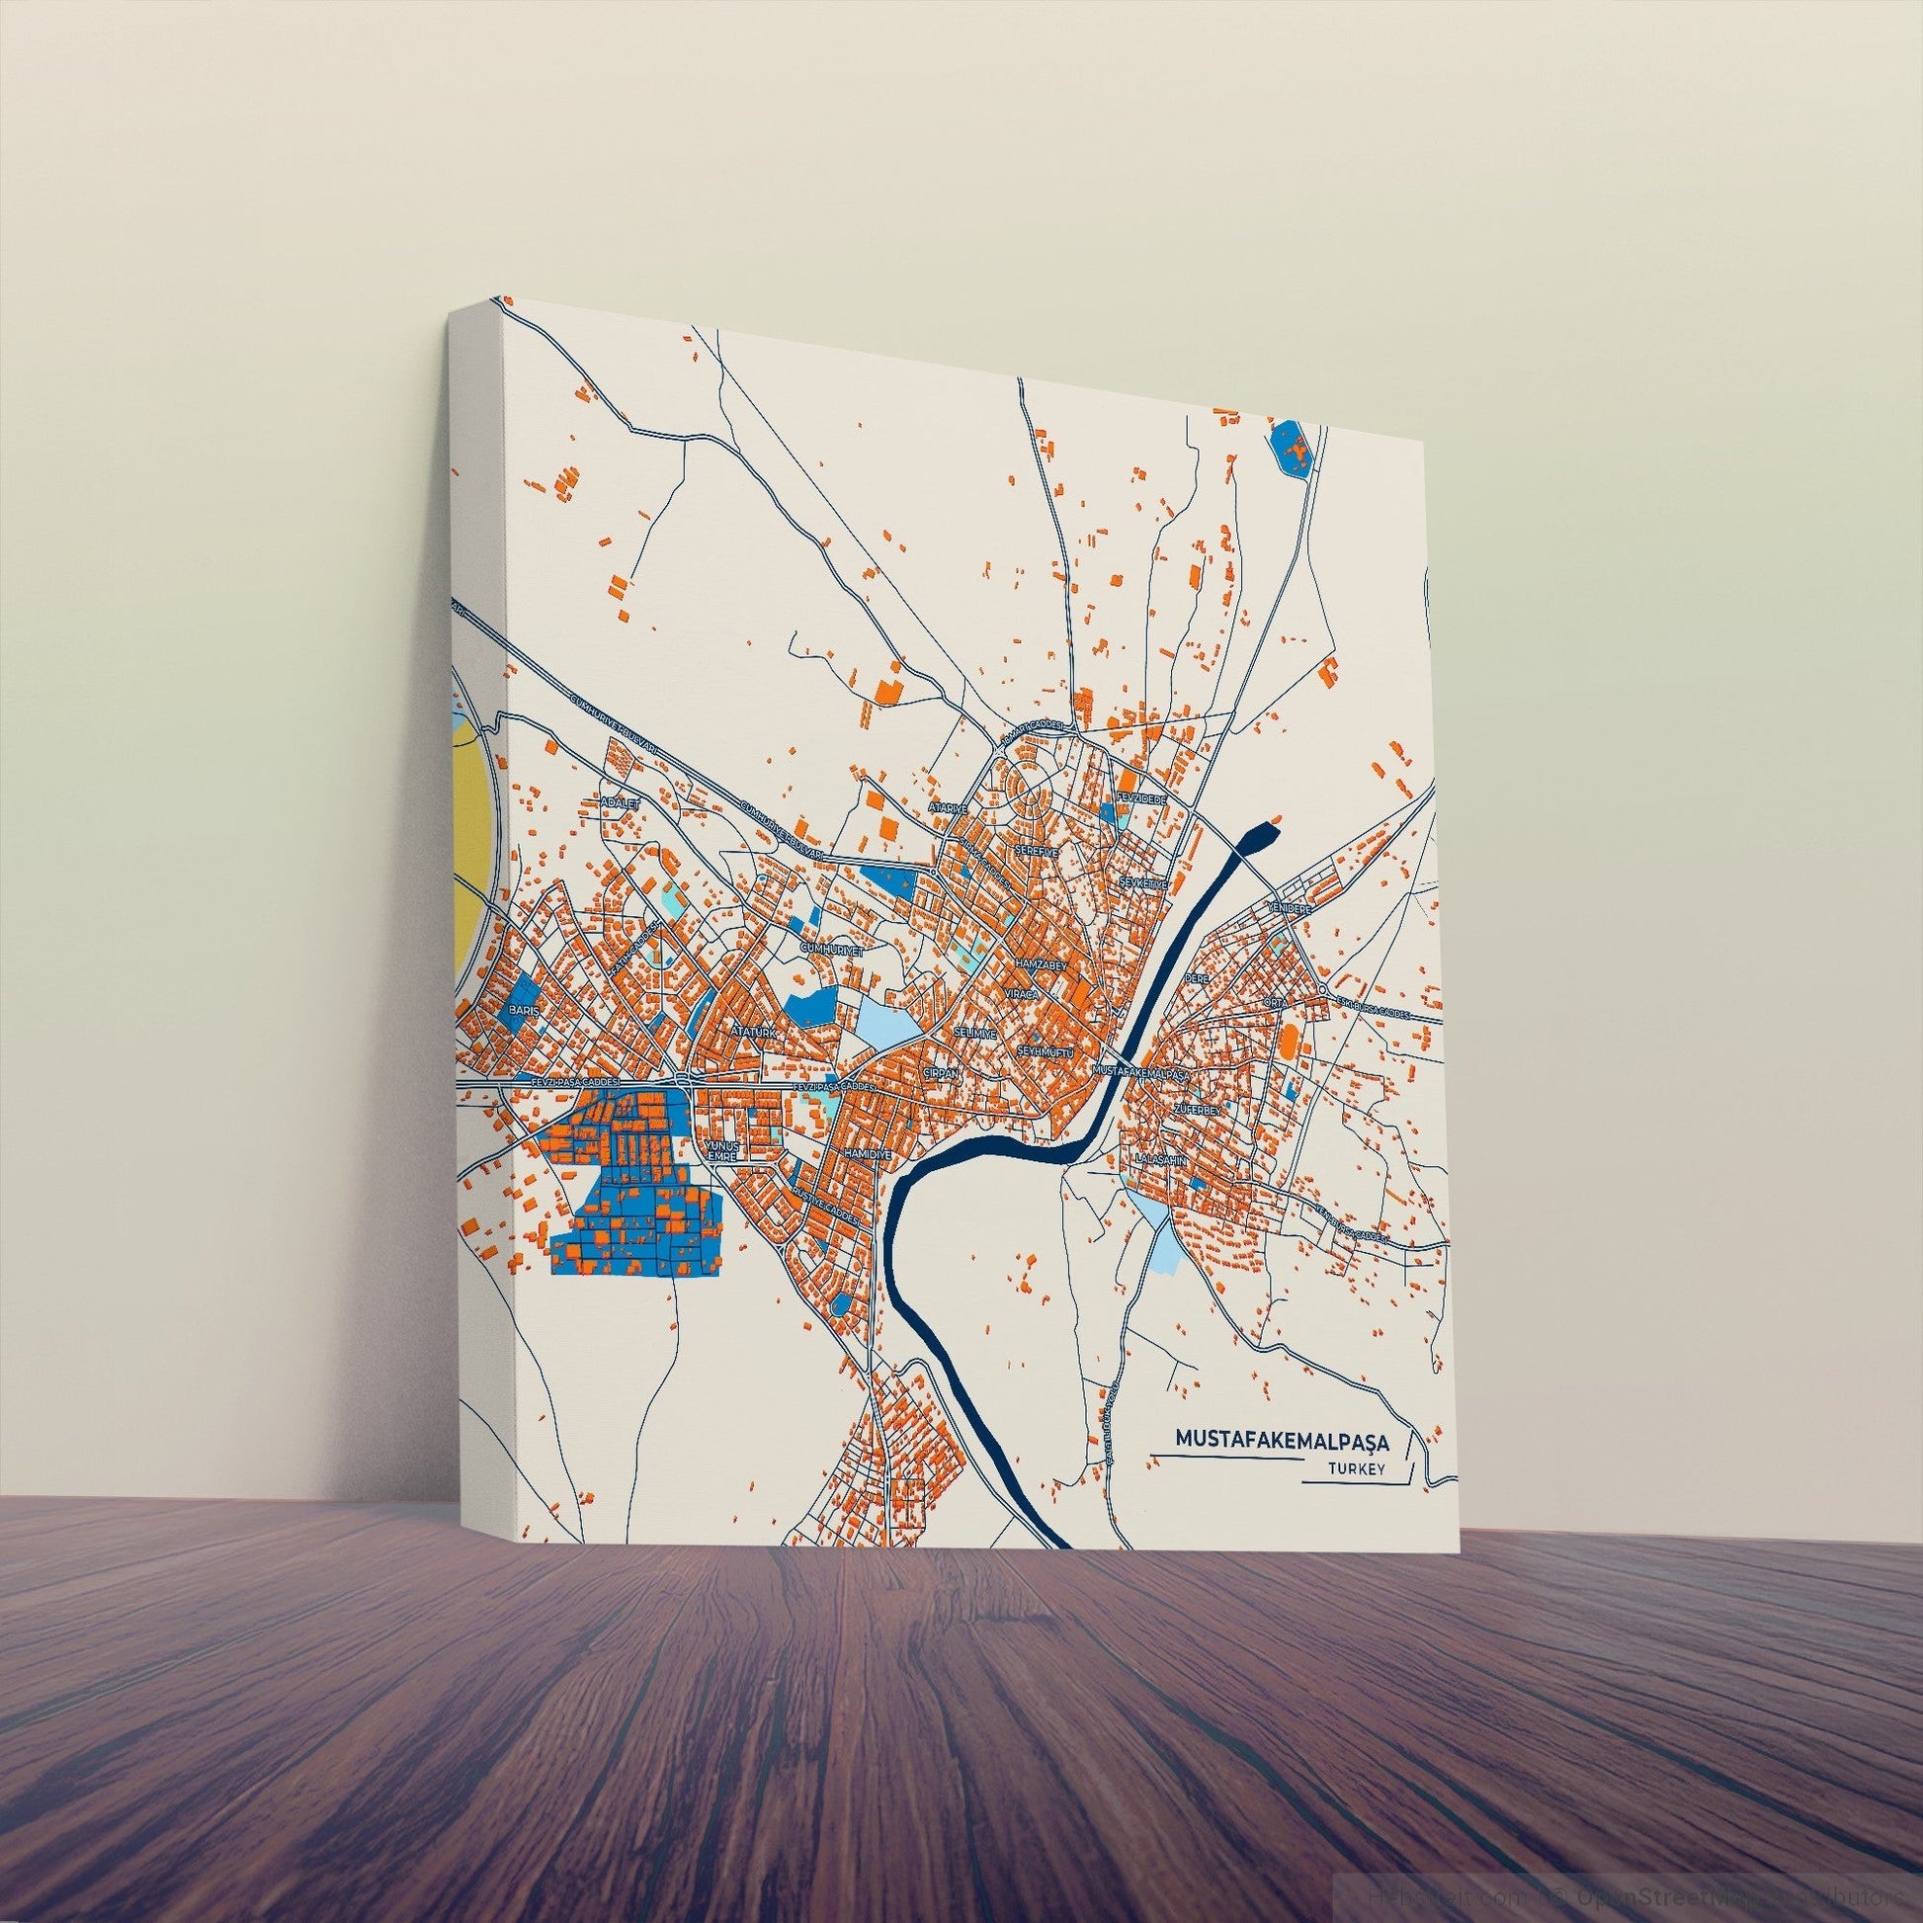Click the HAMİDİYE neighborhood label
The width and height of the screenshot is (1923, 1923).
865,1151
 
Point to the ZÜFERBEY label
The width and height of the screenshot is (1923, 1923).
1197,1108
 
